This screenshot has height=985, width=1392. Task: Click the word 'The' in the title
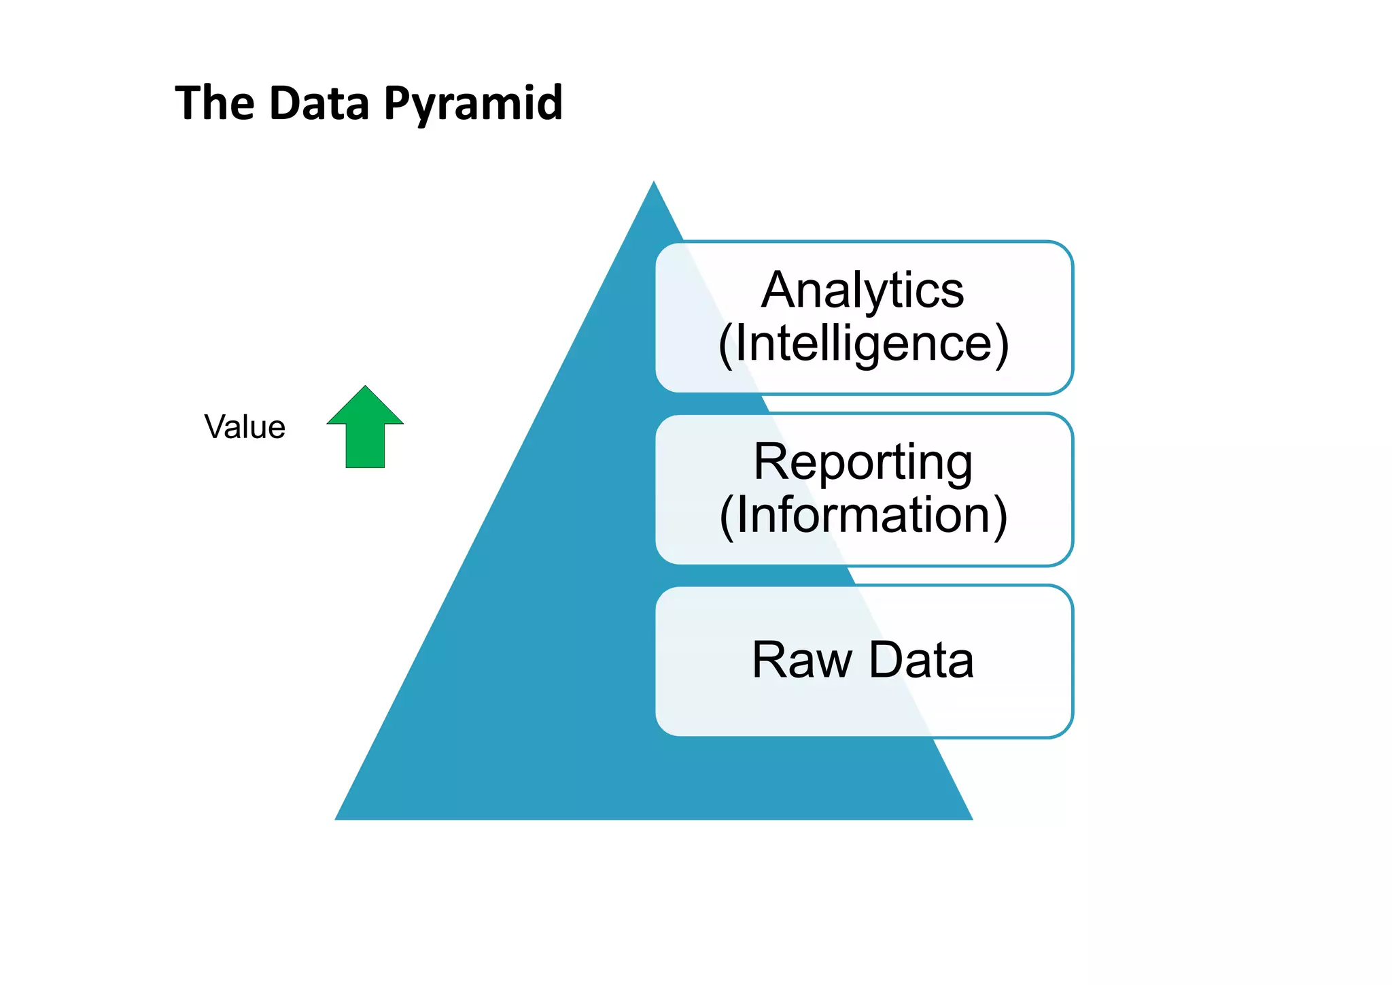point(215,103)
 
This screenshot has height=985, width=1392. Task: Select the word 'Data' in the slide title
point(319,103)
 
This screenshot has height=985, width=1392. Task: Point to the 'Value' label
point(245,427)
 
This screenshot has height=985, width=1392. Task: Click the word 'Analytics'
point(863,291)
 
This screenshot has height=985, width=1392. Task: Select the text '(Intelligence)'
point(863,344)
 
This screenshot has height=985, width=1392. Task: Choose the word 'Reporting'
point(863,463)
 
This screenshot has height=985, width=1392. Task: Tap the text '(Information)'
point(863,516)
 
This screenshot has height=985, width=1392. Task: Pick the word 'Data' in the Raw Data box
point(922,660)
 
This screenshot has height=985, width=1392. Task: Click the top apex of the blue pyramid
point(654,184)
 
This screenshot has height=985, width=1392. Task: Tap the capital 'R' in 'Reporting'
point(771,463)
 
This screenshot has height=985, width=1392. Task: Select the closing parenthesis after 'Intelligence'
point(1002,346)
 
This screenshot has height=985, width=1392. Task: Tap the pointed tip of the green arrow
point(366,388)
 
